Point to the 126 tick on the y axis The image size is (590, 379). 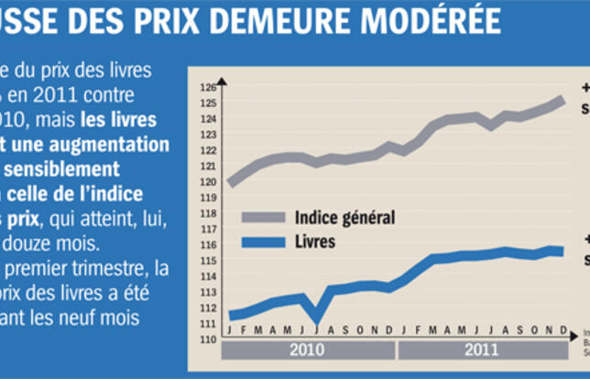click(209, 88)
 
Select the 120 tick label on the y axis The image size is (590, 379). click(209, 182)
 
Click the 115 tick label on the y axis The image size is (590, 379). click(209, 261)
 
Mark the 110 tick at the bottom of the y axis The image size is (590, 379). click(209, 340)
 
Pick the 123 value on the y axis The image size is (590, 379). click(209, 135)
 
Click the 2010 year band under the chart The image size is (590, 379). click(308, 350)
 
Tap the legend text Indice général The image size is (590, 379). click(344, 218)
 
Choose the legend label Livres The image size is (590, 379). click(316, 243)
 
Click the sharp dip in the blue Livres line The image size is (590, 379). click(317, 319)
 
